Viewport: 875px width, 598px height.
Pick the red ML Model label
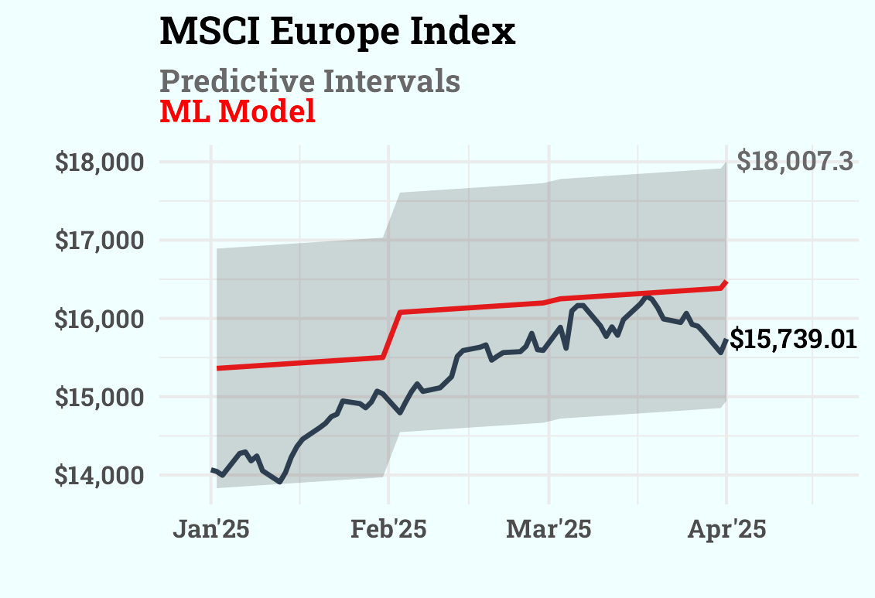pyautogui.click(x=238, y=111)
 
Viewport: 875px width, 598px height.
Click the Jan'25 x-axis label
pyautogui.click(x=210, y=530)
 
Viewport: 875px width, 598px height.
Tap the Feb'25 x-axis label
pyautogui.click(x=388, y=530)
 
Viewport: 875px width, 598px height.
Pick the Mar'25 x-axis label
pyautogui.click(x=549, y=530)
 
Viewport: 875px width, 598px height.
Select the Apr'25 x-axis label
pyautogui.click(x=726, y=530)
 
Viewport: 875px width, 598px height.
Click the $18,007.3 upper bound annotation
pyautogui.click(x=795, y=162)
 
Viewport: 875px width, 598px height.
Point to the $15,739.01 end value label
pyautogui.click(x=793, y=340)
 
